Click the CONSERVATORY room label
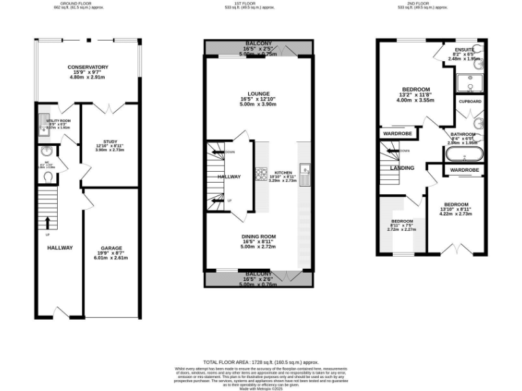88,67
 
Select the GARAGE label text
111,248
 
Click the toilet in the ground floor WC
48,176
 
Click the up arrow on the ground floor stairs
48,222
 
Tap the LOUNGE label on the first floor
258,94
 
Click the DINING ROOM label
258,236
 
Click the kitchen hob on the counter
260,174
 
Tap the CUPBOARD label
470,101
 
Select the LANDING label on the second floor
402,167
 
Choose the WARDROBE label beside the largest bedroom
396,134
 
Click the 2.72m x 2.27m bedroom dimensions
402,229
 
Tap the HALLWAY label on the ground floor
60,248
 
